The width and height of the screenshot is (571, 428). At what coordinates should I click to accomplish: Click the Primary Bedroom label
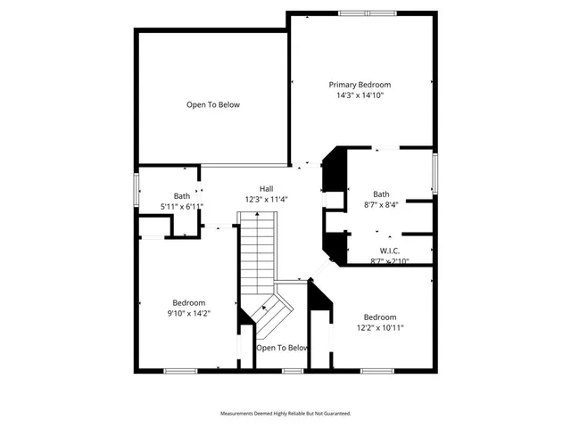pyautogui.click(x=363, y=85)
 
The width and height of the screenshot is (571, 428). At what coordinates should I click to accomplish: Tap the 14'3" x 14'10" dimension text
pyautogui.click(x=360, y=95)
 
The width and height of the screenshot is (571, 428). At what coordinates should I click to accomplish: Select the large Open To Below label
pyautogui.click(x=212, y=105)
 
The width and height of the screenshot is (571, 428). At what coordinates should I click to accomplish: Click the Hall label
pyautogui.click(x=266, y=188)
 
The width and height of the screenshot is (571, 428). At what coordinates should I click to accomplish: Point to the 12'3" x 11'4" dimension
pyautogui.click(x=266, y=200)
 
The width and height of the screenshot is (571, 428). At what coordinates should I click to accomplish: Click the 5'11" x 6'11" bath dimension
pyautogui.click(x=182, y=207)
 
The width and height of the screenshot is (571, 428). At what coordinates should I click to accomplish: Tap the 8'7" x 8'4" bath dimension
pyautogui.click(x=381, y=205)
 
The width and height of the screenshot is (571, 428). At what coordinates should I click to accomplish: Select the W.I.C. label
pyautogui.click(x=390, y=251)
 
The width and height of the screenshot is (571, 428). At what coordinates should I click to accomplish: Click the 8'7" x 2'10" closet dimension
pyautogui.click(x=389, y=261)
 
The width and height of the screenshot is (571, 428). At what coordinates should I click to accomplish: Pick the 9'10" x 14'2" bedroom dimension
pyautogui.click(x=188, y=313)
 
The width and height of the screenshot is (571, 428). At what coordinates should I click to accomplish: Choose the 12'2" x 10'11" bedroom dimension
pyautogui.click(x=380, y=327)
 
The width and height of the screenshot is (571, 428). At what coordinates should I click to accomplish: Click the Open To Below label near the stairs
pyautogui.click(x=282, y=348)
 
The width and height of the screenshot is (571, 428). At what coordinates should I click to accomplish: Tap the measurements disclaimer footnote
pyautogui.click(x=285, y=414)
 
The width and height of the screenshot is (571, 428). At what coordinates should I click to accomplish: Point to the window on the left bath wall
pyautogui.click(x=136, y=189)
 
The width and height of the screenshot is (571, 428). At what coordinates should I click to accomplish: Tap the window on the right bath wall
pyautogui.click(x=435, y=174)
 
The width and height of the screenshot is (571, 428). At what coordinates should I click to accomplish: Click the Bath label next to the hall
pyautogui.click(x=182, y=196)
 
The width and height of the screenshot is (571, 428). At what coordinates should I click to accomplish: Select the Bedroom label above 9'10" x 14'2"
pyautogui.click(x=188, y=302)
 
